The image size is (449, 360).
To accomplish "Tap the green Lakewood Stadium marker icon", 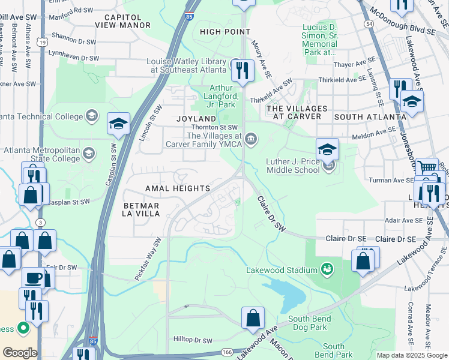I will point(327,267).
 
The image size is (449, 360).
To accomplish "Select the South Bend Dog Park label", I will point(307,323).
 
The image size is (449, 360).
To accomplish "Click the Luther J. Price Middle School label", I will point(294,165).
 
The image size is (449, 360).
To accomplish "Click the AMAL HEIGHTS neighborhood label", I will point(178,188).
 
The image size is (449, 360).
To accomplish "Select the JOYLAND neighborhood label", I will point(196,119).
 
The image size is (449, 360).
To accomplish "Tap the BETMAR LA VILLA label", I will point(141,209).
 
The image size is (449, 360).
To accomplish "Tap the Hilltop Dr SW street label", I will point(191,340).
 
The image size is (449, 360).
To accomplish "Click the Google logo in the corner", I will point(20,353).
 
